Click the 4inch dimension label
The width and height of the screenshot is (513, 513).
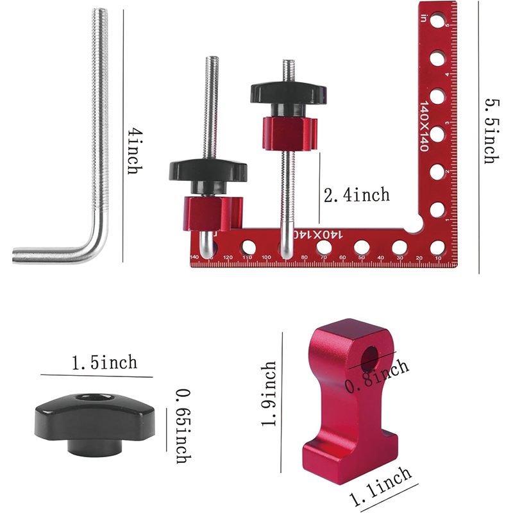click(133, 150)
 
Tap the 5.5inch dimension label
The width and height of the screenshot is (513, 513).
click(490, 131)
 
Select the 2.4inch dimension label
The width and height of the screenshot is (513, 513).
click(357, 194)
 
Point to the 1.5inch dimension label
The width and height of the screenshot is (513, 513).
click(105, 362)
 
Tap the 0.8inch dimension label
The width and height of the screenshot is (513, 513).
click(377, 377)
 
